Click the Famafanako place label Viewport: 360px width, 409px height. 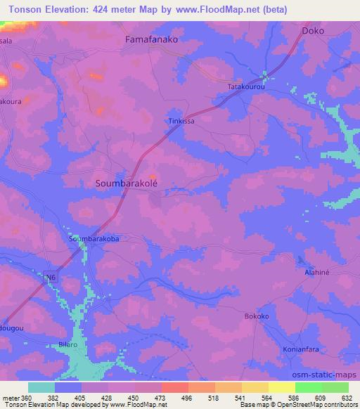pyautogui.click(x=151, y=40)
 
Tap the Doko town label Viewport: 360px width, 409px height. pyautogui.click(x=314, y=32)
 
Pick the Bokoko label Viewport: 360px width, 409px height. pyautogui.click(x=257, y=317)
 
